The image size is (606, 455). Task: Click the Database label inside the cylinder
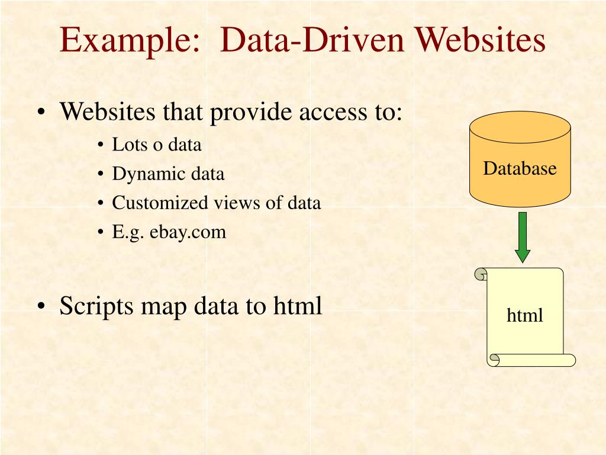[520, 169]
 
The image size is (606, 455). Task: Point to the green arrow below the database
[522, 237]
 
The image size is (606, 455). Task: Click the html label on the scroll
[524, 316]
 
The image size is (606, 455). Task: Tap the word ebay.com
[188, 232]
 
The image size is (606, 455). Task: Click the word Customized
[157, 203]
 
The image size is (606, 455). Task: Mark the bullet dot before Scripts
[41, 307]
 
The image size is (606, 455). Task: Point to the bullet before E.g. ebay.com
[101, 232]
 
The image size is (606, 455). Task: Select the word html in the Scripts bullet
[298, 306]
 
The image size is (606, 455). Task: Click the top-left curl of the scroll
[482, 274]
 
